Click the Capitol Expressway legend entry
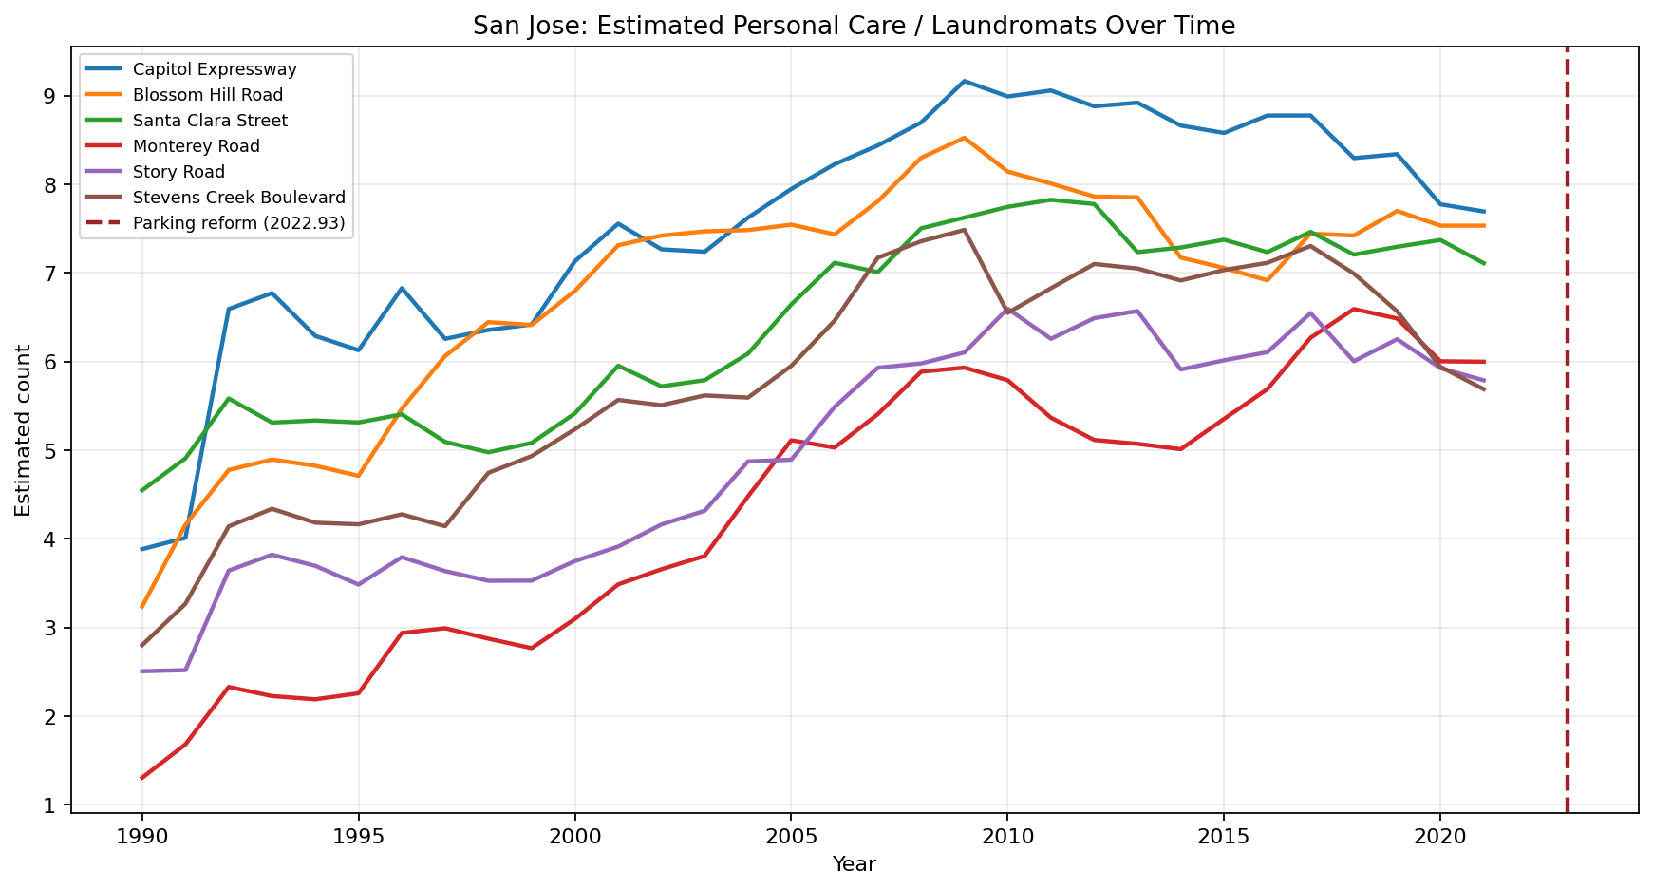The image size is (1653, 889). click(215, 69)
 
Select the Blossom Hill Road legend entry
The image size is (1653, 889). click(208, 95)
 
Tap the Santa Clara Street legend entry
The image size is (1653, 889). click(210, 121)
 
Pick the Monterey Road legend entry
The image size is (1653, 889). click(197, 146)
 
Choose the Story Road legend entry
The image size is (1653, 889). click(178, 172)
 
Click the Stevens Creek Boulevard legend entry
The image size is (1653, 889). click(238, 198)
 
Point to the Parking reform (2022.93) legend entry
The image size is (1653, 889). click(238, 223)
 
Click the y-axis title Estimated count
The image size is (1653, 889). click(24, 429)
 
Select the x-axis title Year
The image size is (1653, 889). click(854, 864)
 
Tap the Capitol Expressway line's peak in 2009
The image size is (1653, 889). click(964, 81)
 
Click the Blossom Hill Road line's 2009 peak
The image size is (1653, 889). click(964, 138)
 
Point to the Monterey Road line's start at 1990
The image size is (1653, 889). click(142, 778)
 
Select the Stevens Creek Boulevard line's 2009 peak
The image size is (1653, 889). click(964, 230)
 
